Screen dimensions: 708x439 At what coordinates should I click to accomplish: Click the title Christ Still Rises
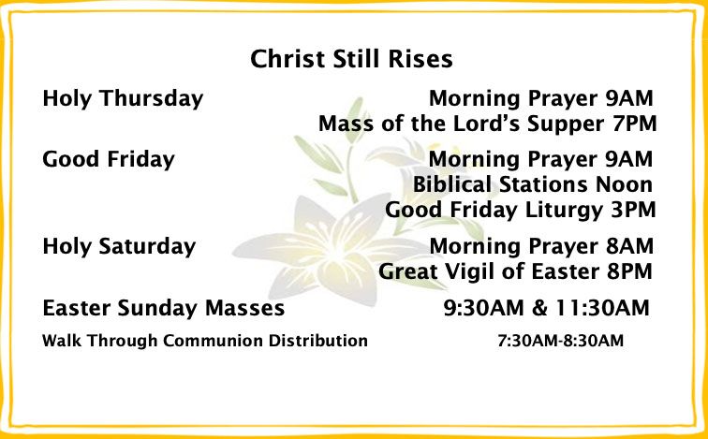point(351,59)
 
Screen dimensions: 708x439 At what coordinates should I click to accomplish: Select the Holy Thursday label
point(123,99)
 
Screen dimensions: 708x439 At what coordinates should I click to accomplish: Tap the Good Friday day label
point(109,160)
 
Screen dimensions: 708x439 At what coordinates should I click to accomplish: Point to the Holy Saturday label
point(119,247)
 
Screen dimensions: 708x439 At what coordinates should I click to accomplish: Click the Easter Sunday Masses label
point(164,309)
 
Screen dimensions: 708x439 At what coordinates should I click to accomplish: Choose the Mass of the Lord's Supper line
point(488,124)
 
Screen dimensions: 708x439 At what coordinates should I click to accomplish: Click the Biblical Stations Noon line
point(533,184)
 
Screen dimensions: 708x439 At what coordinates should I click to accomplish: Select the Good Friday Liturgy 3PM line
point(520,211)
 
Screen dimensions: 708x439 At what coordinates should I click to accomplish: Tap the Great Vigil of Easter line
point(515,271)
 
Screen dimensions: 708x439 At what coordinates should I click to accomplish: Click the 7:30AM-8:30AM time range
point(561,341)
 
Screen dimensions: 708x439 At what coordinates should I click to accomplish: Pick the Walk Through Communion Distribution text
point(205,341)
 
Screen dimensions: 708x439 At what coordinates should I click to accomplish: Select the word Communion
point(214,341)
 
